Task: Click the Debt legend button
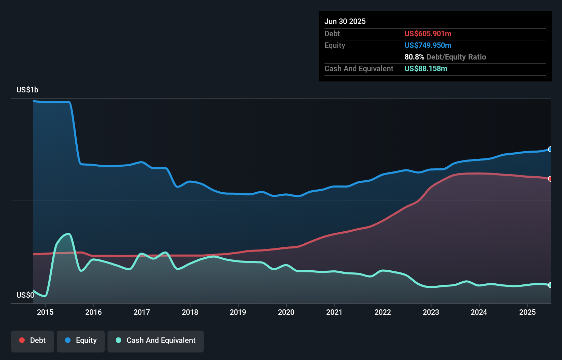pos(33,340)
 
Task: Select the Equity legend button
pos(81,340)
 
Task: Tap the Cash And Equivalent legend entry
pos(156,340)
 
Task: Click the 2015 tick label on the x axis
pos(45,312)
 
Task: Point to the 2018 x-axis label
pos(190,312)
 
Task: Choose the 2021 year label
pos(334,312)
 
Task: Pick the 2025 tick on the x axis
pos(527,312)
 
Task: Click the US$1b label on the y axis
pos(27,90)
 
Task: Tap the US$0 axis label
pos(25,295)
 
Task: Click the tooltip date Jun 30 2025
pos(345,22)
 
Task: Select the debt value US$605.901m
pos(428,34)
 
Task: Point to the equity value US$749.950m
pos(428,46)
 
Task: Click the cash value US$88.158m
pos(426,69)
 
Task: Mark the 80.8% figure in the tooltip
pos(414,57)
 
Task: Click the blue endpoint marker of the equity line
pos(550,149)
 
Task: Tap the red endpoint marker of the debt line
pos(550,179)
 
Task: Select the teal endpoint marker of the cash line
pos(550,285)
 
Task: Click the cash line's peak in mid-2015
pos(69,234)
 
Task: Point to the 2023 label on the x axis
pos(431,312)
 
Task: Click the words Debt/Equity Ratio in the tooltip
pos(456,57)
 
